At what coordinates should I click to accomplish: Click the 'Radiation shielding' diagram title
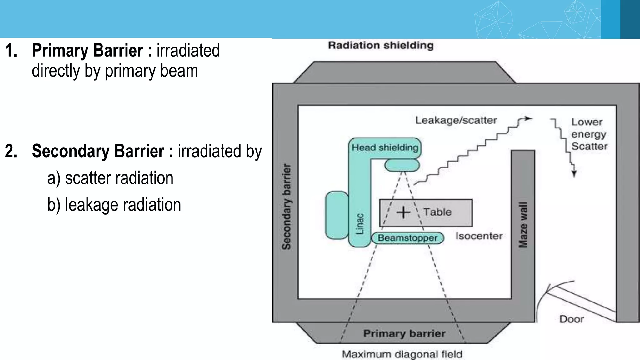click(381, 46)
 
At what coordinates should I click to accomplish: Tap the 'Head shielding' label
click(385, 147)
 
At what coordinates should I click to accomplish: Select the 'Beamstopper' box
click(407, 238)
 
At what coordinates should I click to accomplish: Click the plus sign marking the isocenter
click(403, 212)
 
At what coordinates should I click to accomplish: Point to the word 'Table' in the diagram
click(437, 212)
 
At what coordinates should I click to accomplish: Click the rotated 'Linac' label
click(360, 224)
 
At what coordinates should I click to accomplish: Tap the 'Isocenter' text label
click(479, 236)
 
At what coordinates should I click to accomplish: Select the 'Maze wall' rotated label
click(523, 225)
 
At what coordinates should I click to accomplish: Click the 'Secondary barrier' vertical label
click(286, 207)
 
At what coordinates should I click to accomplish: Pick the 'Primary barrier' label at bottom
click(404, 334)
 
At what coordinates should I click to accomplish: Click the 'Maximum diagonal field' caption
click(402, 354)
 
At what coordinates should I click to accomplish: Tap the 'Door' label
click(571, 319)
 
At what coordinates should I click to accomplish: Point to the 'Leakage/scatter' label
click(456, 120)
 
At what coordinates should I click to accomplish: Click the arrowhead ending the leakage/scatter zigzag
click(529, 119)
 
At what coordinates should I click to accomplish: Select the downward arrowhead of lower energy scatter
click(574, 174)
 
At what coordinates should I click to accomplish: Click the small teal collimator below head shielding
click(402, 165)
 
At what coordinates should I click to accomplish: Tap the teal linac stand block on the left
click(337, 215)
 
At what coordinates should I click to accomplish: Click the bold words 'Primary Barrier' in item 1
click(87, 51)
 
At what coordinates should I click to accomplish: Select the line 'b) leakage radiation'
click(114, 205)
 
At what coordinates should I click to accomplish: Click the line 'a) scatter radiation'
click(110, 178)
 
